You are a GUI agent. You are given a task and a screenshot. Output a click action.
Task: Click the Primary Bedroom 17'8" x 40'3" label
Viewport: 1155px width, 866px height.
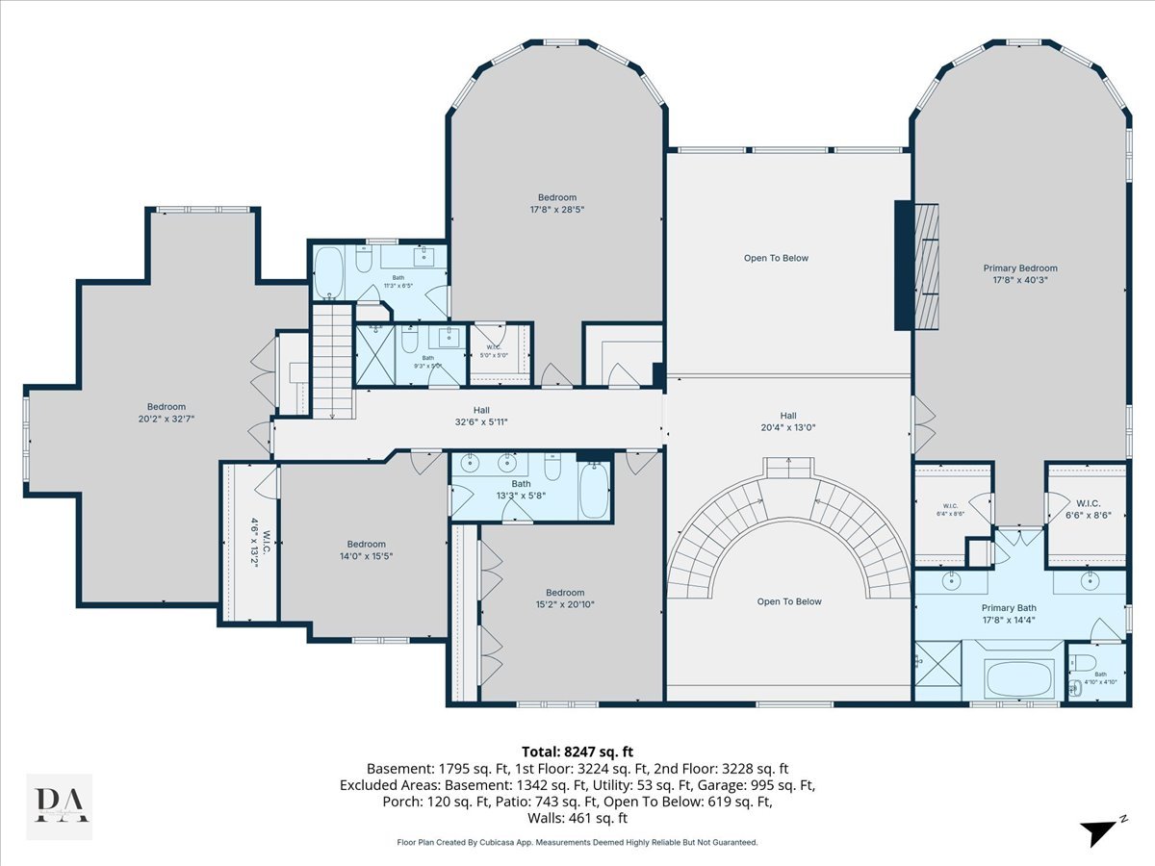(x=1020, y=274)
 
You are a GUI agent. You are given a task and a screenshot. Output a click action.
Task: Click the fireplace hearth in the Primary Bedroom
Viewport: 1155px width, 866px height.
(x=927, y=267)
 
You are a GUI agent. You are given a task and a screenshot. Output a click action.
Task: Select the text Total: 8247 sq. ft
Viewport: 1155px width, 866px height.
(x=577, y=751)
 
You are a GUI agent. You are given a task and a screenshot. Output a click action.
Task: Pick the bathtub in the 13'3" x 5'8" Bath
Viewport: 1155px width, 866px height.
(x=594, y=491)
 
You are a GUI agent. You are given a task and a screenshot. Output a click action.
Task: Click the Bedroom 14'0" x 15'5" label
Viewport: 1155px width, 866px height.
(x=367, y=549)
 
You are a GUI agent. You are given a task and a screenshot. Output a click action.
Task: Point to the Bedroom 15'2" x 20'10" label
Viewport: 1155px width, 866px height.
(x=565, y=599)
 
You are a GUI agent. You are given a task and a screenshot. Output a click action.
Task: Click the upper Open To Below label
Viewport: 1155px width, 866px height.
(x=777, y=258)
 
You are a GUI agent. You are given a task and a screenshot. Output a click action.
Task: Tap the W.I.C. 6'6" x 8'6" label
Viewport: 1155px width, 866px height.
(x=1089, y=508)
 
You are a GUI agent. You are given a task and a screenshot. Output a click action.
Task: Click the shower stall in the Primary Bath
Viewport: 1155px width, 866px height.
(x=937, y=676)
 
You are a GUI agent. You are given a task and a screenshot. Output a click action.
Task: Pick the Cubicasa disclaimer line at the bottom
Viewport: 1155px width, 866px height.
(x=577, y=842)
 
